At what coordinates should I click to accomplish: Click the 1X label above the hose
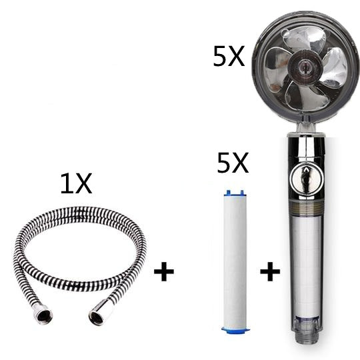click(x=75, y=184)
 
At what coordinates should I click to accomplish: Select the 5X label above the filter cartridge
click(x=233, y=163)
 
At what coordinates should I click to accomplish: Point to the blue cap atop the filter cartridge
click(x=232, y=193)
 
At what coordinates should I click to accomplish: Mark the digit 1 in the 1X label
click(x=66, y=184)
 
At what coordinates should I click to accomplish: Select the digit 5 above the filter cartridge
click(x=224, y=163)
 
